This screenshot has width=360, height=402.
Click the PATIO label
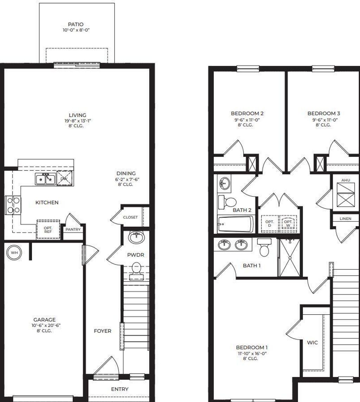(76, 25)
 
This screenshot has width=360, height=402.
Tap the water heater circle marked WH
(14, 252)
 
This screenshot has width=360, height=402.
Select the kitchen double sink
(46, 179)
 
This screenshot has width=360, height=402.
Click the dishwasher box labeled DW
(64, 179)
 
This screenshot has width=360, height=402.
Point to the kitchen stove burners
(13, 205)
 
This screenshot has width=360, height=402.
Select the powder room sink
(136, 238)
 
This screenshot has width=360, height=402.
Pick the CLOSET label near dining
(130, 217)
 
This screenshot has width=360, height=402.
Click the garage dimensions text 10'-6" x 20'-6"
(44, 325)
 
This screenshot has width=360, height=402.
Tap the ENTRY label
(120, 389)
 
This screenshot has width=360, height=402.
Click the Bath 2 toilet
(228, 202)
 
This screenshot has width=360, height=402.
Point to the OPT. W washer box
(288, 224)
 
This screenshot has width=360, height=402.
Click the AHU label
(346, 180)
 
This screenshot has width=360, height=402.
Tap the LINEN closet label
(346, 219)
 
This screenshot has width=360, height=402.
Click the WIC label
(312, 342)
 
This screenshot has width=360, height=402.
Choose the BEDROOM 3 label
(323, 114)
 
